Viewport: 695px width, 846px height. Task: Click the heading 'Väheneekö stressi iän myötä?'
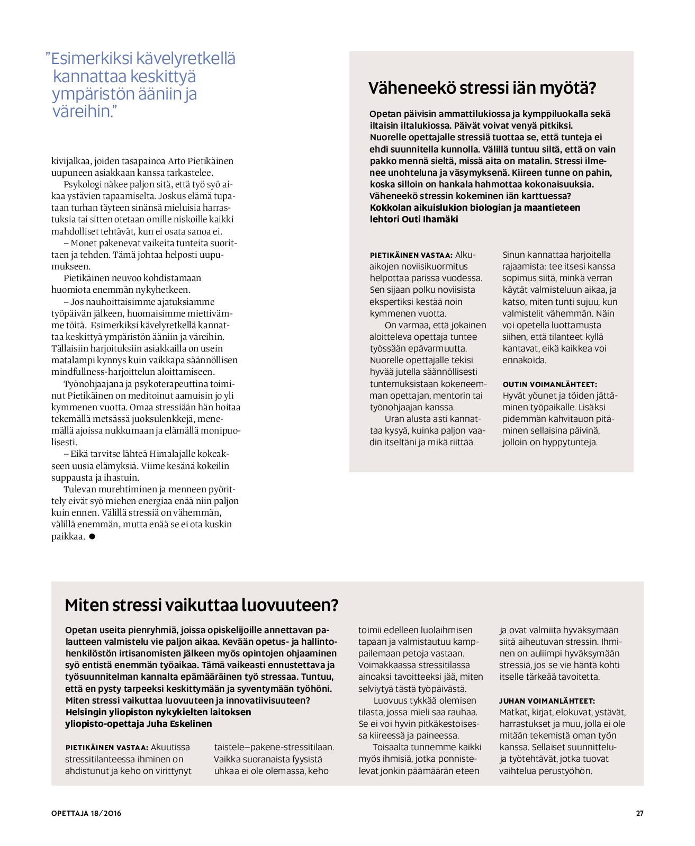pos(482,88)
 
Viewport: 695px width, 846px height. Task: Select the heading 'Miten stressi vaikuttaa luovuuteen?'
pos(201,605)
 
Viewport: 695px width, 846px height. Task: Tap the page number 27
pos(639,813)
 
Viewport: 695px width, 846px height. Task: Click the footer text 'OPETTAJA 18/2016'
pos(86,813)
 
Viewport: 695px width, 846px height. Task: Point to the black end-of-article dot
pos(92,536)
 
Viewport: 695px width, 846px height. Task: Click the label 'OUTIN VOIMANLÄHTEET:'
pos(549,384)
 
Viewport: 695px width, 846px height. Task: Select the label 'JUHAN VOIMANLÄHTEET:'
pos(547,701)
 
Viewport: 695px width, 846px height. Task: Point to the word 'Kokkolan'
pos(391,208)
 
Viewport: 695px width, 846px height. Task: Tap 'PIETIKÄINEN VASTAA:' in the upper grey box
pos(411,255)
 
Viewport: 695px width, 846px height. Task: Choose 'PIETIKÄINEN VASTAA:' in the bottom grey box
pos(106,748)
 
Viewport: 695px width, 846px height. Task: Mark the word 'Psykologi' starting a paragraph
pos(83,184)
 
